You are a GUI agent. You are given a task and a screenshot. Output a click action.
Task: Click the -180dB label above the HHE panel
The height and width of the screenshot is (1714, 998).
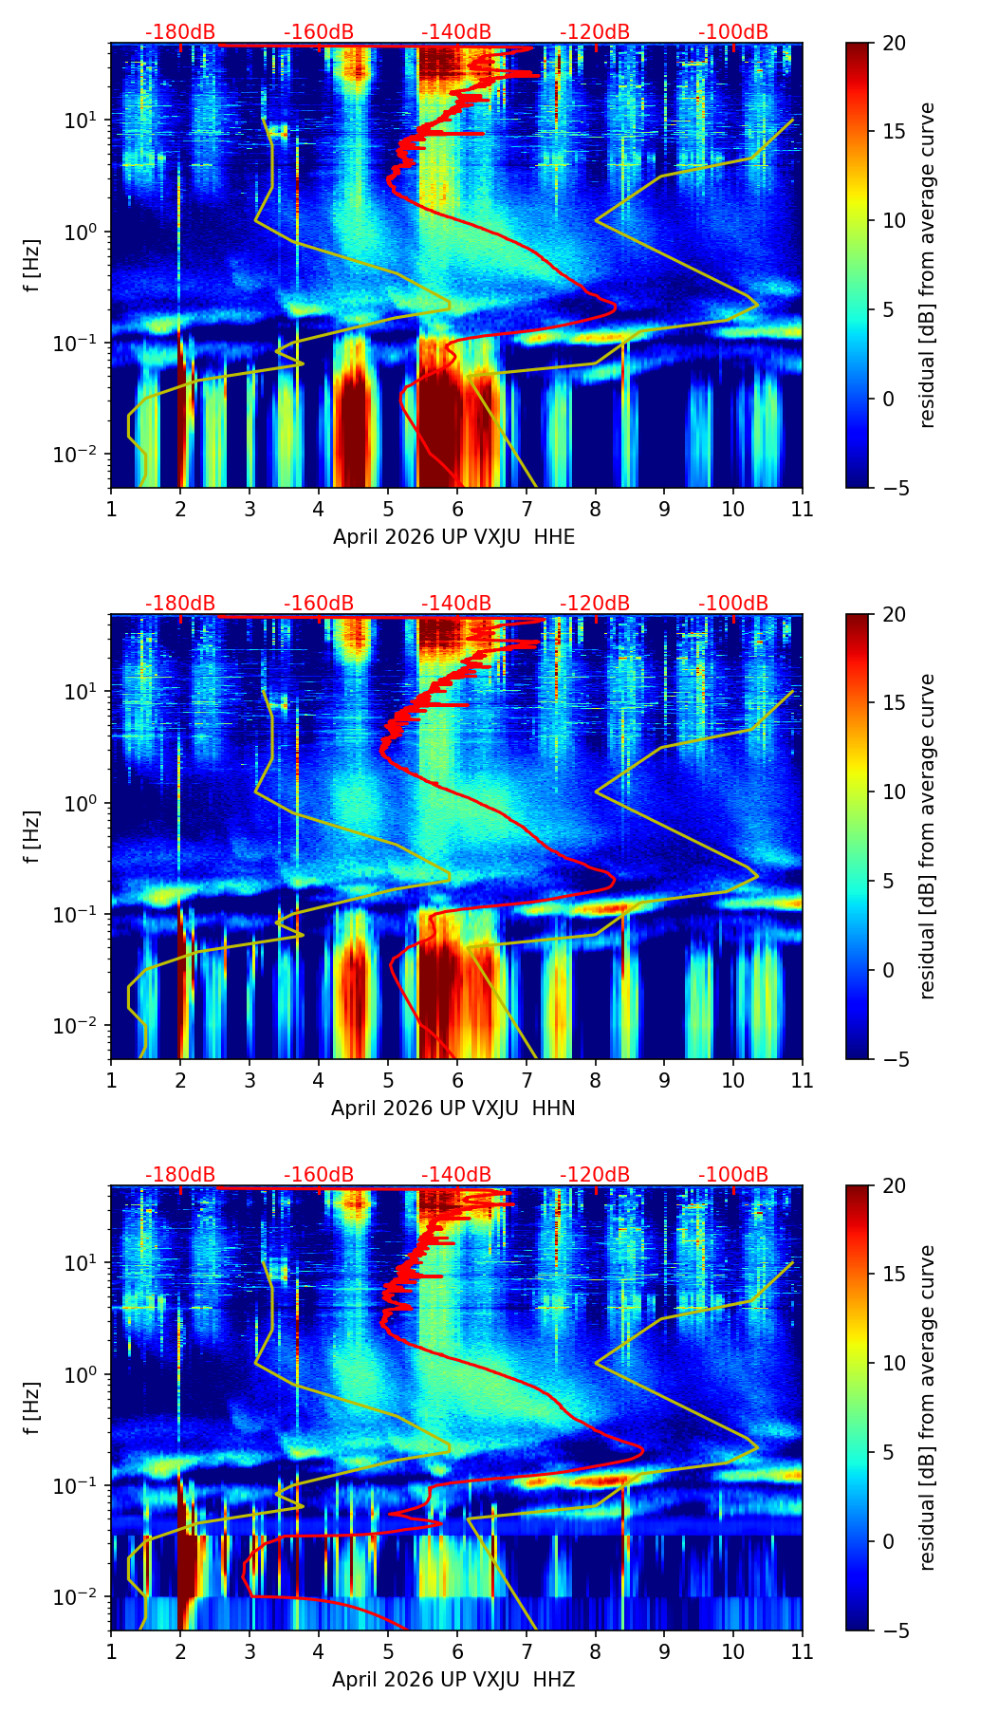tap(180, 32)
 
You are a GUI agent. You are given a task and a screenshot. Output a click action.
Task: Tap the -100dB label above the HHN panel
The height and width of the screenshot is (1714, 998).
tap(733, 604)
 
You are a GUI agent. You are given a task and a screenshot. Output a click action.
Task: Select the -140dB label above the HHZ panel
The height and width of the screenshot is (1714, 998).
tap(456, 1175)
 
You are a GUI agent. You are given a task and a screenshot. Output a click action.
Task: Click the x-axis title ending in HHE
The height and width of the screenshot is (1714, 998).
tap(453, 537)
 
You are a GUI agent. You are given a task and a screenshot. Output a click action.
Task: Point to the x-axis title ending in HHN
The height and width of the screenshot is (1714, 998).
tap(453, 1109)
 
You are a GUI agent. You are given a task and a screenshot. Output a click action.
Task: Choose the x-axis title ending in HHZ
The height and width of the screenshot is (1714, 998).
tap(453, 1680)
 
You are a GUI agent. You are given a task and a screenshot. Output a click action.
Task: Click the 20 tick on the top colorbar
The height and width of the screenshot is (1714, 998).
tap(894, 43)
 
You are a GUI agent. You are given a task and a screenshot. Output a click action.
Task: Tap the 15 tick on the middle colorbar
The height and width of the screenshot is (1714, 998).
tap(894, 703)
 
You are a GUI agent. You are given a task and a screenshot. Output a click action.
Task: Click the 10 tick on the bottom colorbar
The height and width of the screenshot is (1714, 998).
tap(894, 1364)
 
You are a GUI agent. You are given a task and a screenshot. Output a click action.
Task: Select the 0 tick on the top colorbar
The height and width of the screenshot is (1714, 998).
tap(889, 399)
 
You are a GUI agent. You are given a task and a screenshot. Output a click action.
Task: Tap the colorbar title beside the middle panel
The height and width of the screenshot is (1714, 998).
tap(928, 836)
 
